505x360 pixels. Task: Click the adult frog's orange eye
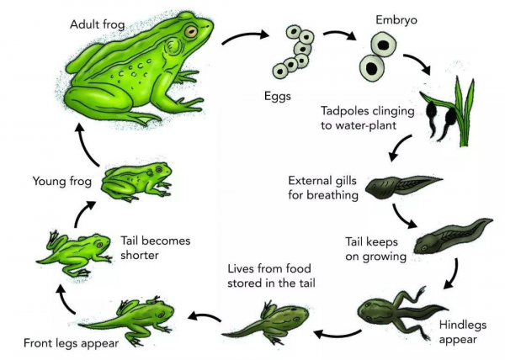point(191,31)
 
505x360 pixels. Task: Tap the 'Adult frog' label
point(98,24)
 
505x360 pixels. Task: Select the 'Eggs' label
point(277,96)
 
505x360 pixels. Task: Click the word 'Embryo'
point(396,20)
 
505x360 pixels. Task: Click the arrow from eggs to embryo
point(340,34)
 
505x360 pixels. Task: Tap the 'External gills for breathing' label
point(322,188)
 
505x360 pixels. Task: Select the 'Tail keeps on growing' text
point(375,249)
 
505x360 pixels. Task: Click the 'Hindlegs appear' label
point(462,331)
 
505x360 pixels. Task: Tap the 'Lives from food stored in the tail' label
point(271,276)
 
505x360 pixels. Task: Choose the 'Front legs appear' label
point(72,343)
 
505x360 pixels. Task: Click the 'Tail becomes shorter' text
point(155,248)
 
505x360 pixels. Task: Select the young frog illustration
point(136,182)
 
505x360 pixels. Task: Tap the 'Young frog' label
point(61,181)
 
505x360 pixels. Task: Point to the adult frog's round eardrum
point(173,47)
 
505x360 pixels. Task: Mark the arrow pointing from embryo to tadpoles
point(418,63)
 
